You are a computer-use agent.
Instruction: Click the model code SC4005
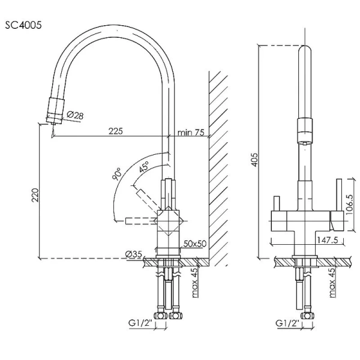pyautogui.click(x=22, y=26)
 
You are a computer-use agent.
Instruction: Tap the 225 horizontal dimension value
pyautogui.click(x=115, y=131)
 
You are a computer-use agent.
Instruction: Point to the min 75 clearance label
pyautogui.click(x=191, y=132)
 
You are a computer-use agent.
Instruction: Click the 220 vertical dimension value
pyautogui.click(x=34, y=196)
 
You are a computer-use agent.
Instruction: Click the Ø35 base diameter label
pyautogui.click(x=134, y=254)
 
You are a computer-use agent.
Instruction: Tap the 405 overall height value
pyautogui.click(x=255, y=159)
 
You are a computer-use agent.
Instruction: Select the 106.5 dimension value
pyautogui.click(x=350, y=203)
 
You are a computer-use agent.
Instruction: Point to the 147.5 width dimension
pyautogui.click(x=310, y=239)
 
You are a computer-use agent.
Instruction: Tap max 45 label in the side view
pyautogui.click(x=196, y=282)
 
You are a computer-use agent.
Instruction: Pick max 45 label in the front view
pyautogui.click(x=332, y=282)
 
